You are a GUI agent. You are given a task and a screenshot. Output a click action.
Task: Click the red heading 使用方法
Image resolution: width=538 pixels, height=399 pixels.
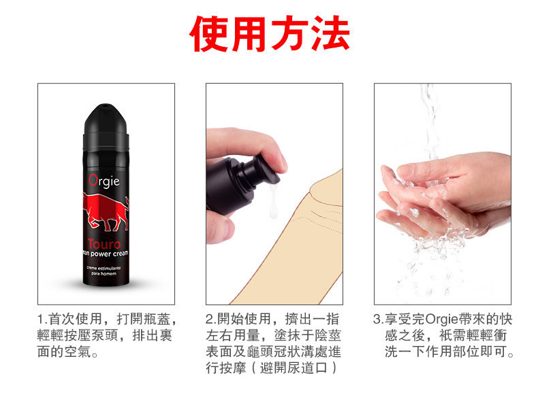(x=270, y=33)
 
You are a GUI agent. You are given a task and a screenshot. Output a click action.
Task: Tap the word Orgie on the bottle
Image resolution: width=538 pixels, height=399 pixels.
(x=104, y=181)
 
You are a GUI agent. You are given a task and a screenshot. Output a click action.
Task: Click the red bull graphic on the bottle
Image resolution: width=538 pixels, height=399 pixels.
(x=106, y=211)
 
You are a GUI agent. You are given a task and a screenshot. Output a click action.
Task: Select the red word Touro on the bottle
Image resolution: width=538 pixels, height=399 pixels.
(x=104, y=244)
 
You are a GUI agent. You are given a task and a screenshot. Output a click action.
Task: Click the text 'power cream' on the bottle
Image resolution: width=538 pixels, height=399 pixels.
(x=109, y=254)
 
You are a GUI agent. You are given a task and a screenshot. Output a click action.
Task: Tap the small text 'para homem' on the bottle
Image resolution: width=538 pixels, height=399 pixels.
(x=104, y=274)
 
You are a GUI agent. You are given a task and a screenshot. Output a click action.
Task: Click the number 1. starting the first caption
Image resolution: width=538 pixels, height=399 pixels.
(x=42, y=319)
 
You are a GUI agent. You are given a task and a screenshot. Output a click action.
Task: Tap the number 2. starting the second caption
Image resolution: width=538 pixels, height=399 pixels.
(x=210, y=319)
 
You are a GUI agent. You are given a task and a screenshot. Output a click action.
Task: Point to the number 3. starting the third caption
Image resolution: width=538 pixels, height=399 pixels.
(x=378, y=319)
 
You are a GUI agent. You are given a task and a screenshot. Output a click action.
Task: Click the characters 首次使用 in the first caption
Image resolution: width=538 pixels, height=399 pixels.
(x=76, y=319)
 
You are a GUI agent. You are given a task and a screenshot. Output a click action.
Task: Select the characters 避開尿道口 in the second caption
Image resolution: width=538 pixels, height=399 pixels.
(x=294, y=368)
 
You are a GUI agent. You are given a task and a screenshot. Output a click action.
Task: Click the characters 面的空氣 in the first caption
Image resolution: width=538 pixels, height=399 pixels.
(x=64, y=351)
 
